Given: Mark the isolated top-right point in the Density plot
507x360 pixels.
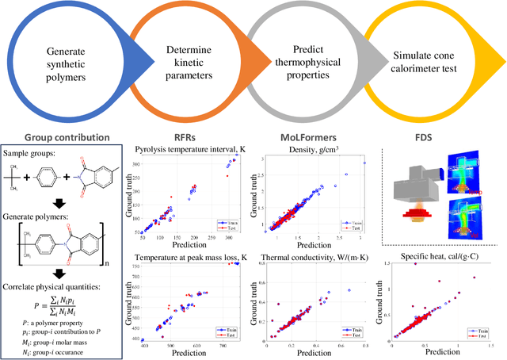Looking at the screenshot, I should pos(364,163).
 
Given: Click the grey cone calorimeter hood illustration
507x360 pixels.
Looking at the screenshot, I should pos(420,179).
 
